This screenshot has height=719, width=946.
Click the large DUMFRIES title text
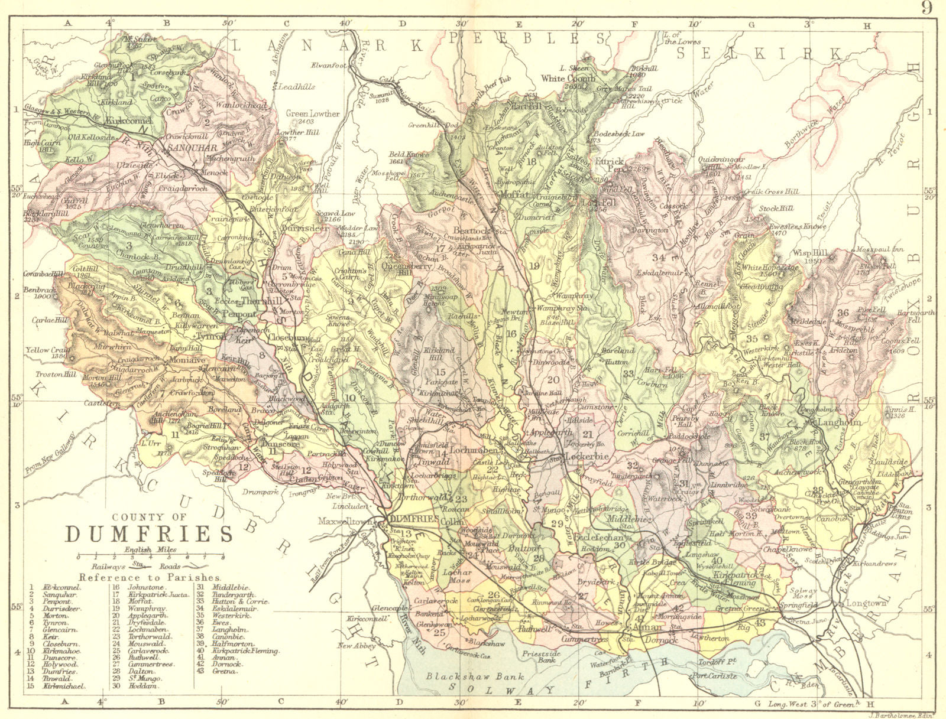(x=148, y=533)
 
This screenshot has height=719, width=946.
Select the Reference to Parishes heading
(x=150, y=577)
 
